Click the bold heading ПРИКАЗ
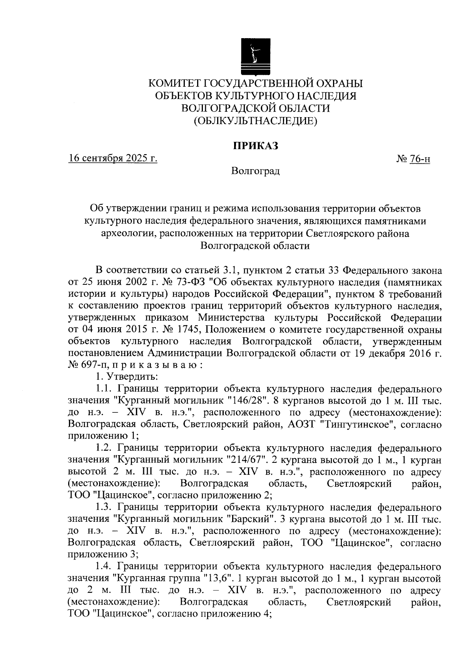[256, 146]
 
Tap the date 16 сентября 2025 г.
[113, 158]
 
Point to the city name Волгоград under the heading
[256, 171]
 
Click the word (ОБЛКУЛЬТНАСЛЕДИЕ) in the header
[256, 121]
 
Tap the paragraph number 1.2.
[104, 448]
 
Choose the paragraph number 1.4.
[104, 567]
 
